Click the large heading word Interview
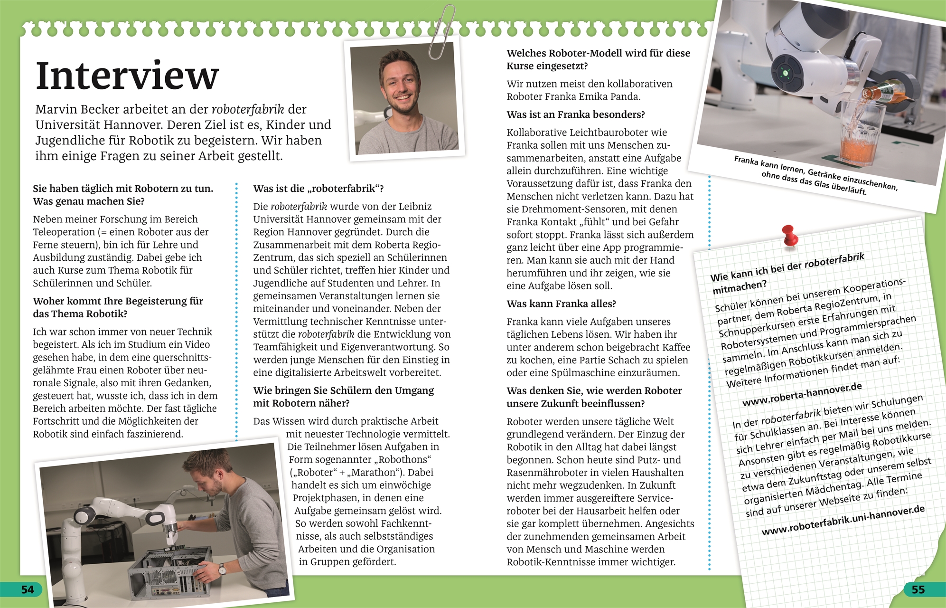(x=127, y=76)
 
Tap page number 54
(x=28, y=589)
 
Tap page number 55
(x=918, y=589)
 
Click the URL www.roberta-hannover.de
(x=802, y=395)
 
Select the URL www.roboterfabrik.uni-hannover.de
(x=843, y=521)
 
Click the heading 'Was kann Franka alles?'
(x=561, y=304)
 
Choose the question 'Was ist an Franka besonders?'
(x=576, y=114)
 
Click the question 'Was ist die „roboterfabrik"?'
(x=318, y=189)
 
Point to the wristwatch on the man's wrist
(x=222, y=569)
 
